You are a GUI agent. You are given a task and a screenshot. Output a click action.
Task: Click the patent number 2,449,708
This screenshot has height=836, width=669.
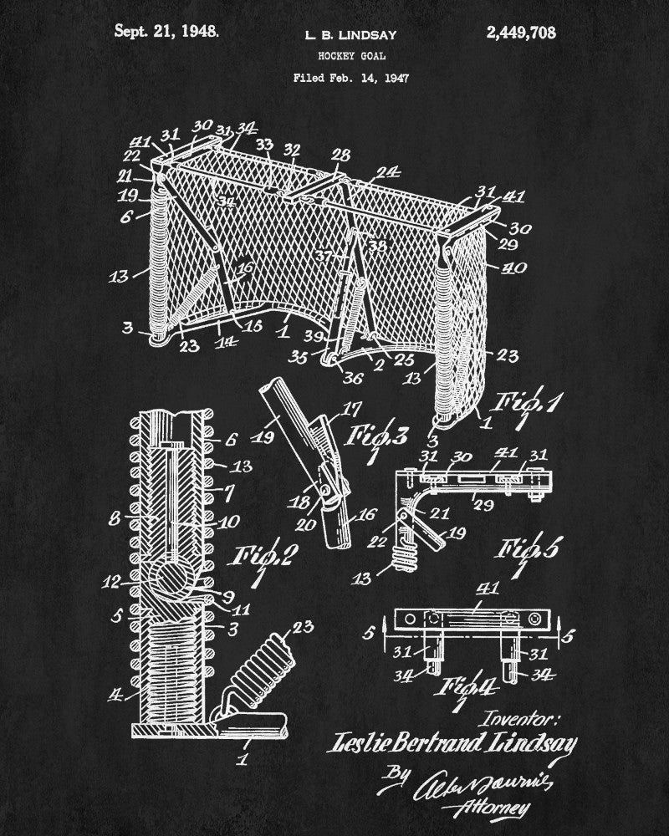click(519, 33)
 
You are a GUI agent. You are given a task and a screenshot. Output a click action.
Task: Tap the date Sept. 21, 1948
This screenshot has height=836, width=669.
click(167, 32)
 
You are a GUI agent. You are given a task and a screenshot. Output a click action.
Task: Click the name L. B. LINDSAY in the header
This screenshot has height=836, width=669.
click(350, 35)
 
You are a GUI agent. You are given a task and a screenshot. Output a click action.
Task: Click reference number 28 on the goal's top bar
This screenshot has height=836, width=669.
click(341, 155)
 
